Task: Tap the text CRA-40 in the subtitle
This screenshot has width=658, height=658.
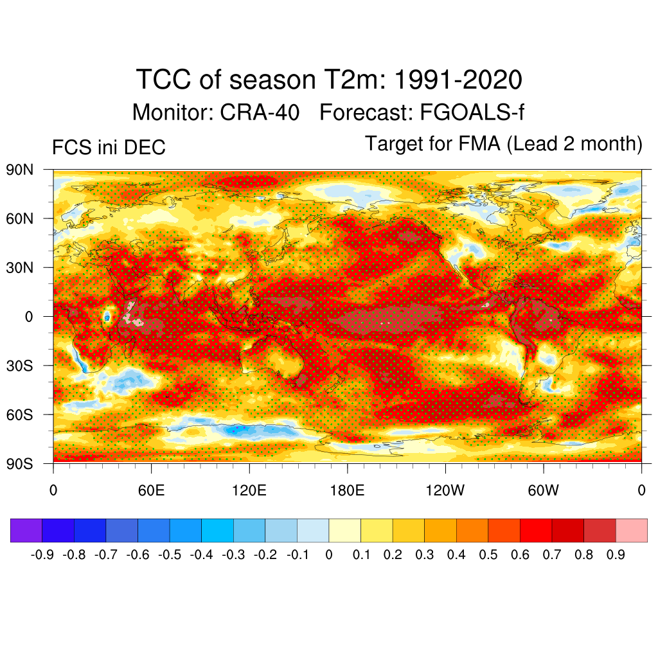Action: click(x=260, y=112)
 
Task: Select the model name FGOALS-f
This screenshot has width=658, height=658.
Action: click(x=472, y=112)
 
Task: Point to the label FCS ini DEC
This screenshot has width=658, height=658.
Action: click(x=109, y=148)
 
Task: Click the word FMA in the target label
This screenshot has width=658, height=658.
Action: click(x=482, y=144)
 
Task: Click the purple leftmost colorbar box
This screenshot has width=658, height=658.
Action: click(x=26, y=531)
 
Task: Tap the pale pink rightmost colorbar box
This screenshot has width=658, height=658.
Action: click(x=631, y=531)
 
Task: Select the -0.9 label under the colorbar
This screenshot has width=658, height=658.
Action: click(x=42, y=555)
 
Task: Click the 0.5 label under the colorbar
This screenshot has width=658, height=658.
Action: click(x=488, y=555)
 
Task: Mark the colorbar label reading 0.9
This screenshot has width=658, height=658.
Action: click(x=615, y=555)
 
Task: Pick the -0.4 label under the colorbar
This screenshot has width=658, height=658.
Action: click(x=202, y=555)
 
